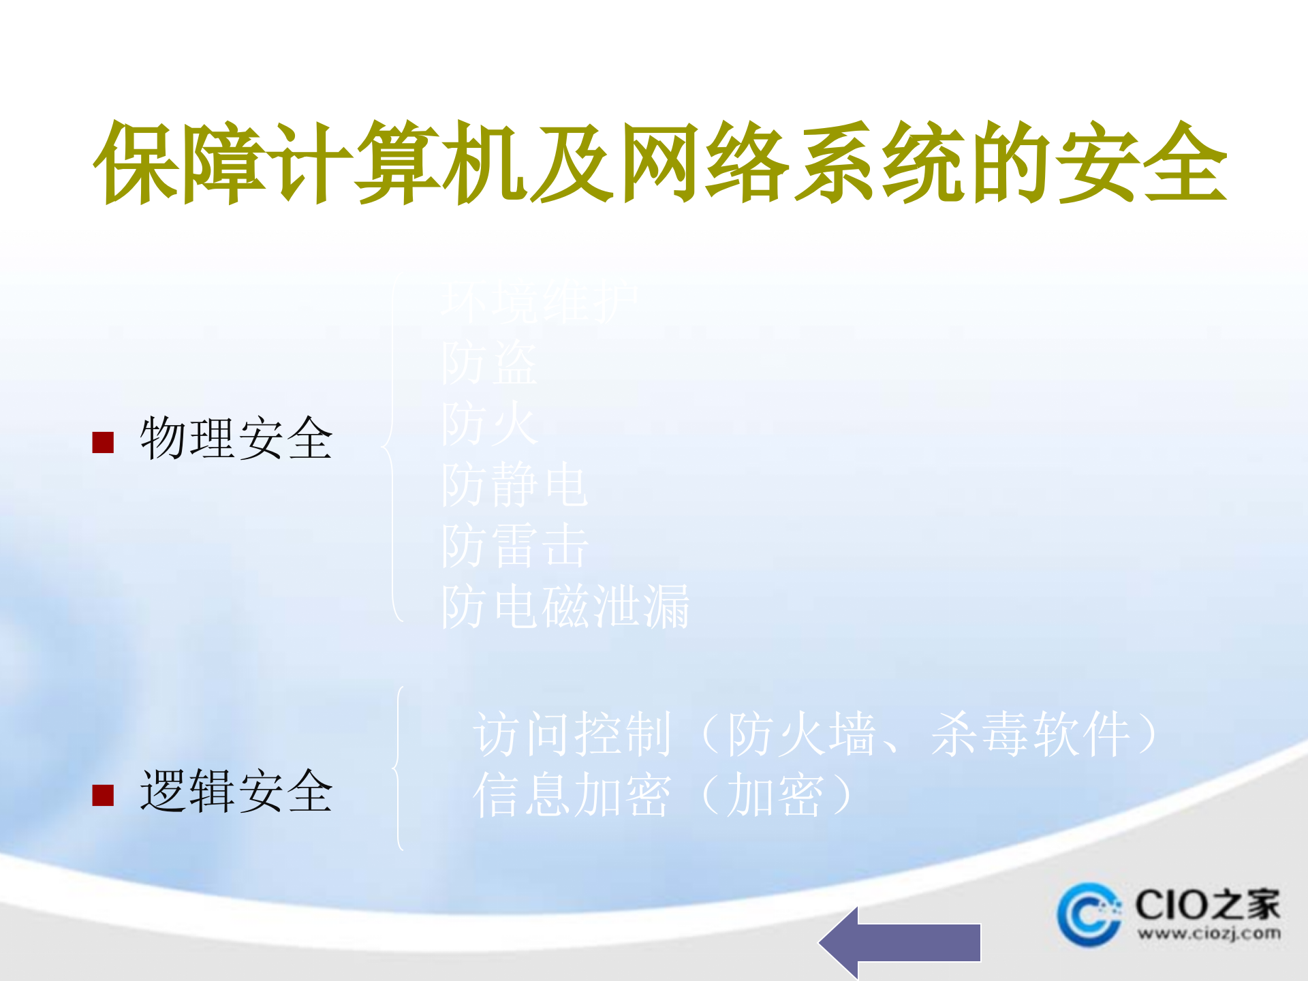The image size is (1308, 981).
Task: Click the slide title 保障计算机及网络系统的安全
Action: pos(659,163)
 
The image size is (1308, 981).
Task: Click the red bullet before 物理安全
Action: pos(103,443)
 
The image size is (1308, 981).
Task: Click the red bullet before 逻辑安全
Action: pos(103,795)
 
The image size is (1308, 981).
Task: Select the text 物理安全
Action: pos(236,439)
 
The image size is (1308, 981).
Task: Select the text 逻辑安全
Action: pos(236,791)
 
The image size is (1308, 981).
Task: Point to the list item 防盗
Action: pos(489,362)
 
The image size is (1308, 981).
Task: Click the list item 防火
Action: pos(489,424)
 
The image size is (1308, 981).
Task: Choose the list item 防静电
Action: pos(514,485)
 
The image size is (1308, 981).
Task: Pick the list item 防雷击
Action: pos(514,546)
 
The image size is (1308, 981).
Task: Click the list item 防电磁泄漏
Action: pos(565,606)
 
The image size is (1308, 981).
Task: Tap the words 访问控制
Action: pos(573,734)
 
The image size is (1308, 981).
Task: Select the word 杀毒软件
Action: pos(1030,734)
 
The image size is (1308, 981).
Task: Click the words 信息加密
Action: pos(573,795)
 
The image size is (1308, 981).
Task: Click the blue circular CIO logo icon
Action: pos(1089,915)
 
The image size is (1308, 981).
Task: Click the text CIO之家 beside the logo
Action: pos(1207,905)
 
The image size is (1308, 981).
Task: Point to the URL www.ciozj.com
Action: pos(1209,933)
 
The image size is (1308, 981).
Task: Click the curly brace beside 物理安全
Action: pos(391,448)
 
